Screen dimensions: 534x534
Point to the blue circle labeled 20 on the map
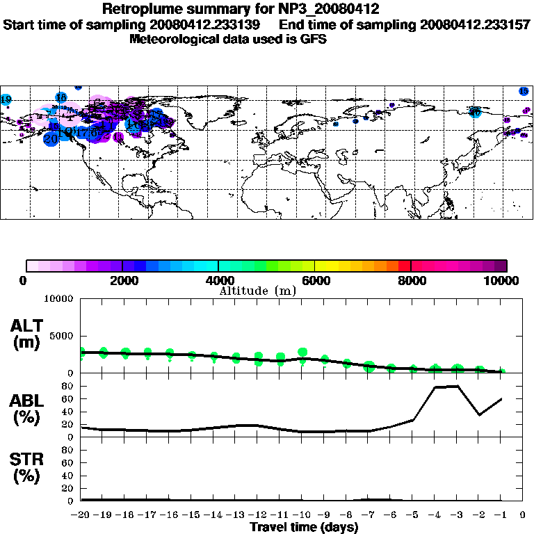[x=51, y=138]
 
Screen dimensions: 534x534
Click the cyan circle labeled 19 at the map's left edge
[x=6, y=100]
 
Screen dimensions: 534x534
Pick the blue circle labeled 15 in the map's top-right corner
[x=524, y=91]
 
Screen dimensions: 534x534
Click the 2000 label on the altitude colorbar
[x=122, y=280]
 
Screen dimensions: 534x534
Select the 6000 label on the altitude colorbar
[x=315, y=280]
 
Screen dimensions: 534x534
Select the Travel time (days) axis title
[x=303, y=527]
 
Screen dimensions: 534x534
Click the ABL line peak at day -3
[x=458, y=386]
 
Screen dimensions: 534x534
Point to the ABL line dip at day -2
[x=479, y=415]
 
